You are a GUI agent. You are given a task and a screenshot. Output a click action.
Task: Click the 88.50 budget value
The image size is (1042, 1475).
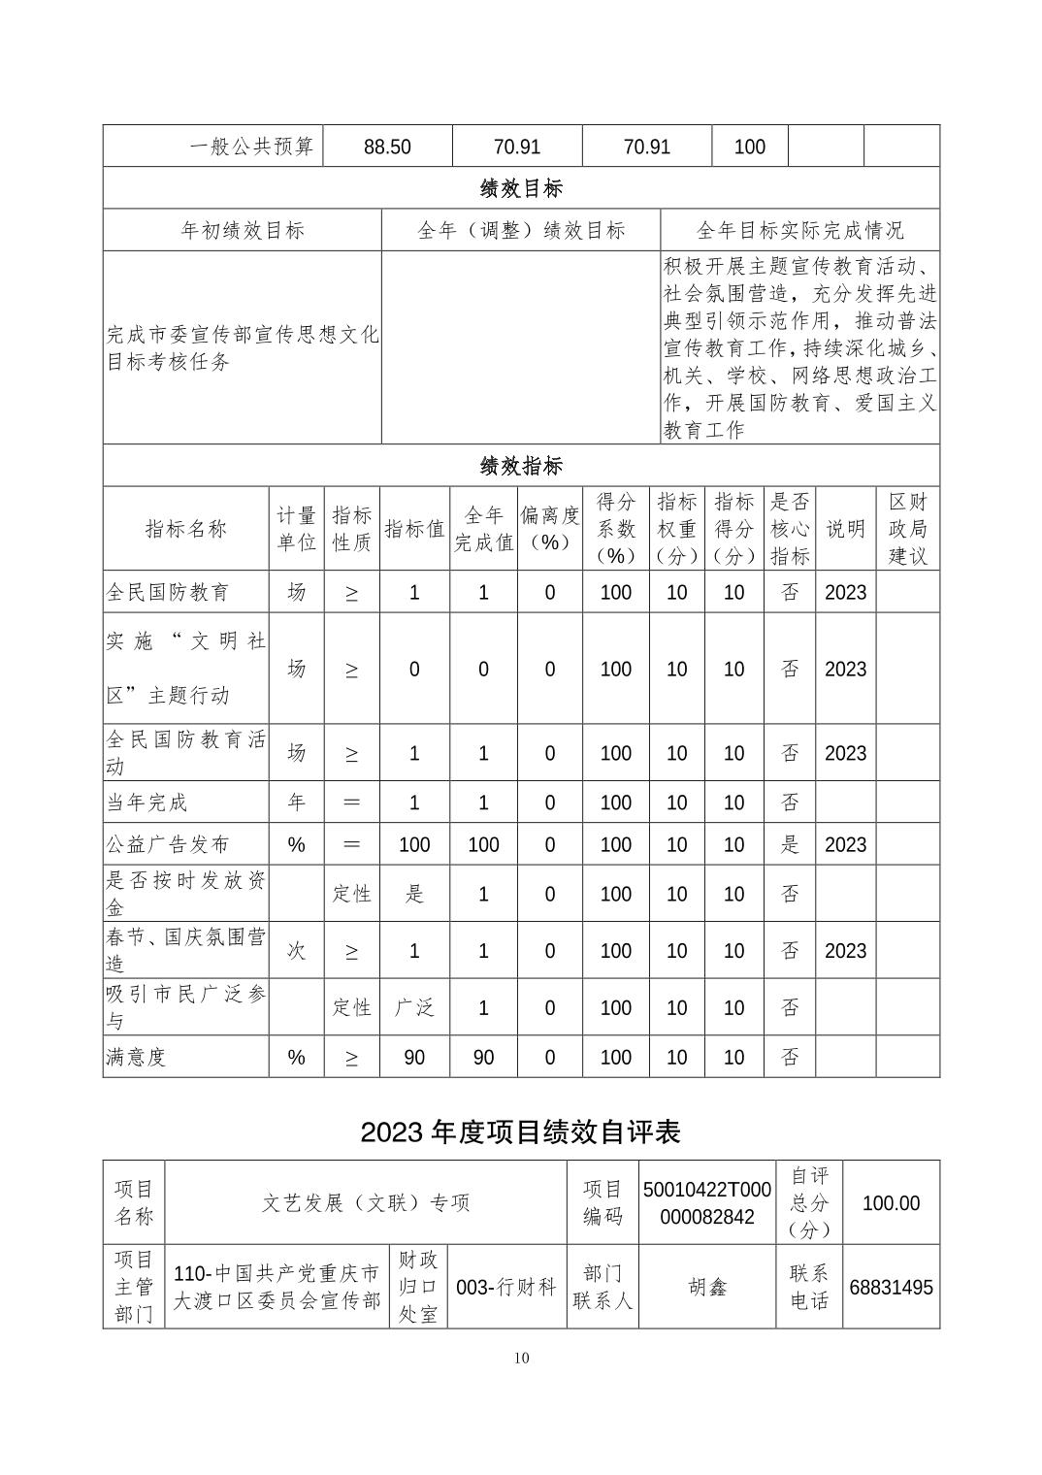click(x=387, y=147)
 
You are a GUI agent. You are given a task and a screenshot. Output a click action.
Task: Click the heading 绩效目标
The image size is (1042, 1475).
click(x=521, y=187)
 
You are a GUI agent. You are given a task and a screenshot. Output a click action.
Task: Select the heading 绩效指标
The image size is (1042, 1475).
click(x=521, y=466)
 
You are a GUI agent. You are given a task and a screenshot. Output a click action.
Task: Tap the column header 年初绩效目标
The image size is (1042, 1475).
click(x=243, y=230)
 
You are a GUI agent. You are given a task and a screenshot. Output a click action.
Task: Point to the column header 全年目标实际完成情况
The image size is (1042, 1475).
click(x=799, y=230)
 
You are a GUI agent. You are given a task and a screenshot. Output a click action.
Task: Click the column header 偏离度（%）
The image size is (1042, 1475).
click(x=549, y=529)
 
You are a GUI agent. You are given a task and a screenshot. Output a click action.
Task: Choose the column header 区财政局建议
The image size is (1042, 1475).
click(x=907, y=529)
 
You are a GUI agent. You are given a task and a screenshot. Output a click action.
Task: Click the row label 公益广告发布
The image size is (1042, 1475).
click(x=168, y=844)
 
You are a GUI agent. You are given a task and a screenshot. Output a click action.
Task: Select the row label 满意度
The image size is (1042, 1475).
click(x=136, y=1057)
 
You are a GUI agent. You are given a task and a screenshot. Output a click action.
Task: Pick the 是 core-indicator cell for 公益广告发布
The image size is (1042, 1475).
click(x=790, y=844)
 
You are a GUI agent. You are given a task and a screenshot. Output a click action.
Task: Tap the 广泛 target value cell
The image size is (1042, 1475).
click(x=414, y=1007)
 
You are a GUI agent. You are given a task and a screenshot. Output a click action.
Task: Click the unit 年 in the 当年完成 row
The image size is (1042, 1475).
click(x=296, y=803)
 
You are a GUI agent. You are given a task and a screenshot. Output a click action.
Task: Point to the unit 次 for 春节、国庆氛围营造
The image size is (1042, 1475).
click(x=296, y=950)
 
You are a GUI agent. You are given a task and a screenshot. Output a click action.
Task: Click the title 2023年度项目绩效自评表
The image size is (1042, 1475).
click(x=521, y=1131)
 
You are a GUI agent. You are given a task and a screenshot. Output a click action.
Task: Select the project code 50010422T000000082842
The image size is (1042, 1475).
click(x=706, y=1203)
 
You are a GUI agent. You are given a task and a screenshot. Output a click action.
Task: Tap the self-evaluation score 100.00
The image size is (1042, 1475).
click(x=891, y=1203)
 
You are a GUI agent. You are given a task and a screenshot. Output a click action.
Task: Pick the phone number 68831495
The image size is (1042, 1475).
click(x=891, y=1288)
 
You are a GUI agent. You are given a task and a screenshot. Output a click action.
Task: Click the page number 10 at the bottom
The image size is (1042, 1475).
click(x=522, y=1358)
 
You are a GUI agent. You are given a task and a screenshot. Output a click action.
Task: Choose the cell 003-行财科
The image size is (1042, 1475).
click(x=506, y=1287)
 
